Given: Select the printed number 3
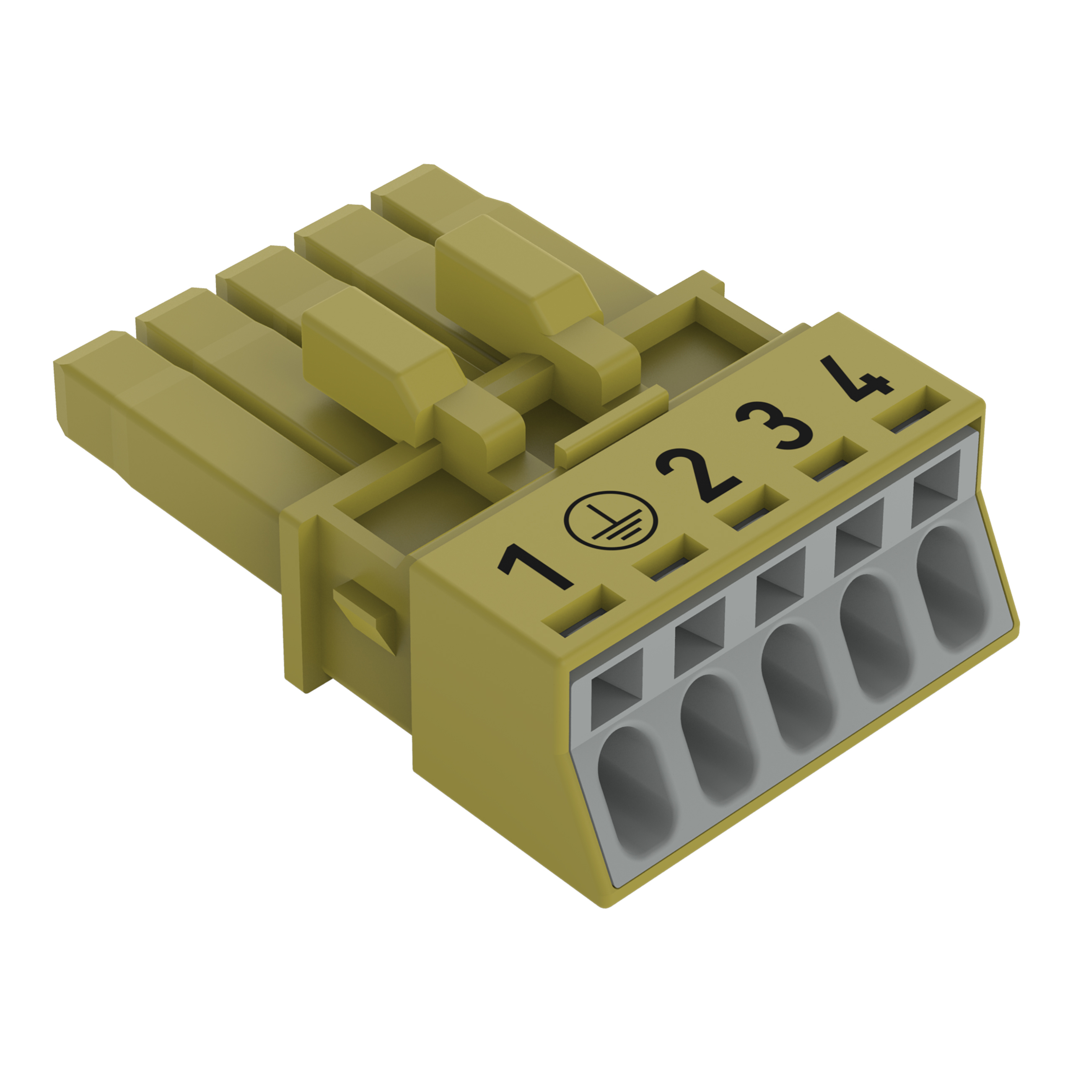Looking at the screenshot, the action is [x=774, y=425].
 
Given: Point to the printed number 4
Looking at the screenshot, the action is [x=856, y=378].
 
